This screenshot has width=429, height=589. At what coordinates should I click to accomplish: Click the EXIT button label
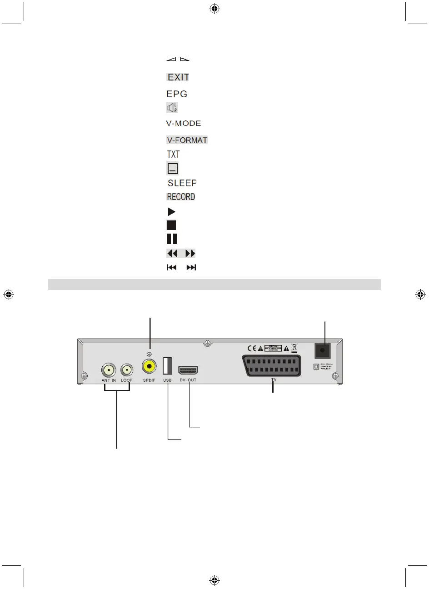178,77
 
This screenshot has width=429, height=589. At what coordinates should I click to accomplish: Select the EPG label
177,94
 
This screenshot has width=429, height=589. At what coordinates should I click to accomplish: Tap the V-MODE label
183,123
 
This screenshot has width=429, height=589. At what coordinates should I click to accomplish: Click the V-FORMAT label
187,140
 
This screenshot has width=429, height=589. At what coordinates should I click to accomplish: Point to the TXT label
173,155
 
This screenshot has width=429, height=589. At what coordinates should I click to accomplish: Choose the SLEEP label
182,183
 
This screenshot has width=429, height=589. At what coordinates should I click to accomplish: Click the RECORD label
181,197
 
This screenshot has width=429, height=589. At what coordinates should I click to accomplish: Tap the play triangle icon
171,212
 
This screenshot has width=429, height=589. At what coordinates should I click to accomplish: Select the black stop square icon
171,225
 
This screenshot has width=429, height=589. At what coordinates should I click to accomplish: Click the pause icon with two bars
172,239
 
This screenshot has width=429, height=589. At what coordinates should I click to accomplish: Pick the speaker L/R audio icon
172,108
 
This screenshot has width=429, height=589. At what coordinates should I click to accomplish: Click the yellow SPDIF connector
149,366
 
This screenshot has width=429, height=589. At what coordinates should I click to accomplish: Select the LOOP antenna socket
127,369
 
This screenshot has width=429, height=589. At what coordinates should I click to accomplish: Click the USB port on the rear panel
167,366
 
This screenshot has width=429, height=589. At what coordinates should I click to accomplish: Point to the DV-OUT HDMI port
188,370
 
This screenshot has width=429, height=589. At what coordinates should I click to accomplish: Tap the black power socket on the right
323,351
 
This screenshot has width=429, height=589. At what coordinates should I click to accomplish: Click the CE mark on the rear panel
252,349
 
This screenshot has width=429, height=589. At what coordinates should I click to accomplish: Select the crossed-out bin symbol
294,349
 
